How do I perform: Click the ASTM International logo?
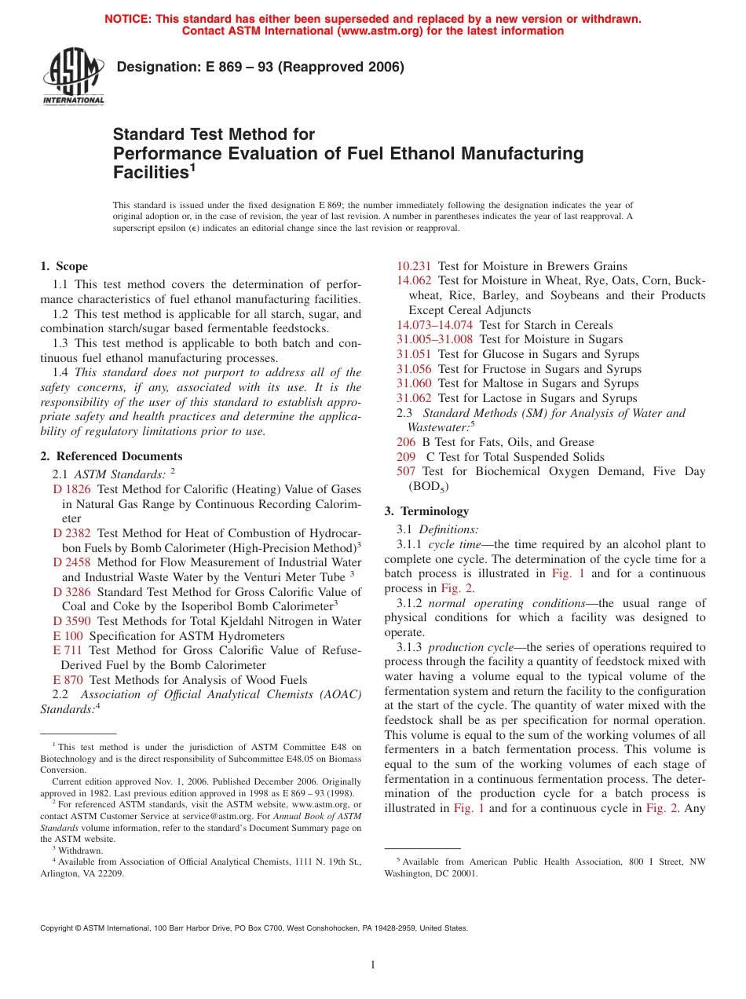point(73,76)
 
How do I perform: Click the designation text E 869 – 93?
point(260,68)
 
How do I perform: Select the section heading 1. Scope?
point(64,266)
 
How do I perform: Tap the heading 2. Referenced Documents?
point(112,456)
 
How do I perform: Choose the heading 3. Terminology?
point(426,511)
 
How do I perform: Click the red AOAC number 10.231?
point(414,266)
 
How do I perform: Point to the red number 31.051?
point(414,354)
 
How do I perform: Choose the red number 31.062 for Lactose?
point(414,398)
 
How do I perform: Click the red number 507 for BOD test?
point(406,471)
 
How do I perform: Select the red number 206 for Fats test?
point(406,442)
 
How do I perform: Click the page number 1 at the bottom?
point(373,965)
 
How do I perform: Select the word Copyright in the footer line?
point(57,928)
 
